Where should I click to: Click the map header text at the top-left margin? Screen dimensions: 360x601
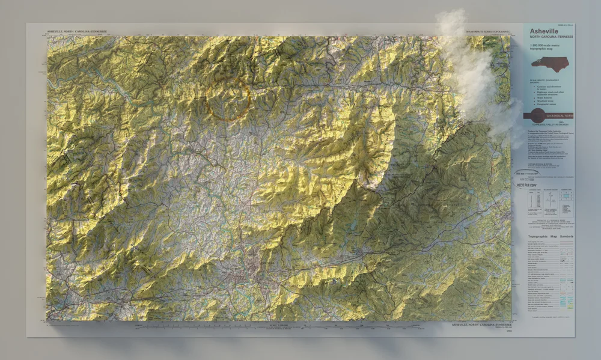(77, 31)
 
